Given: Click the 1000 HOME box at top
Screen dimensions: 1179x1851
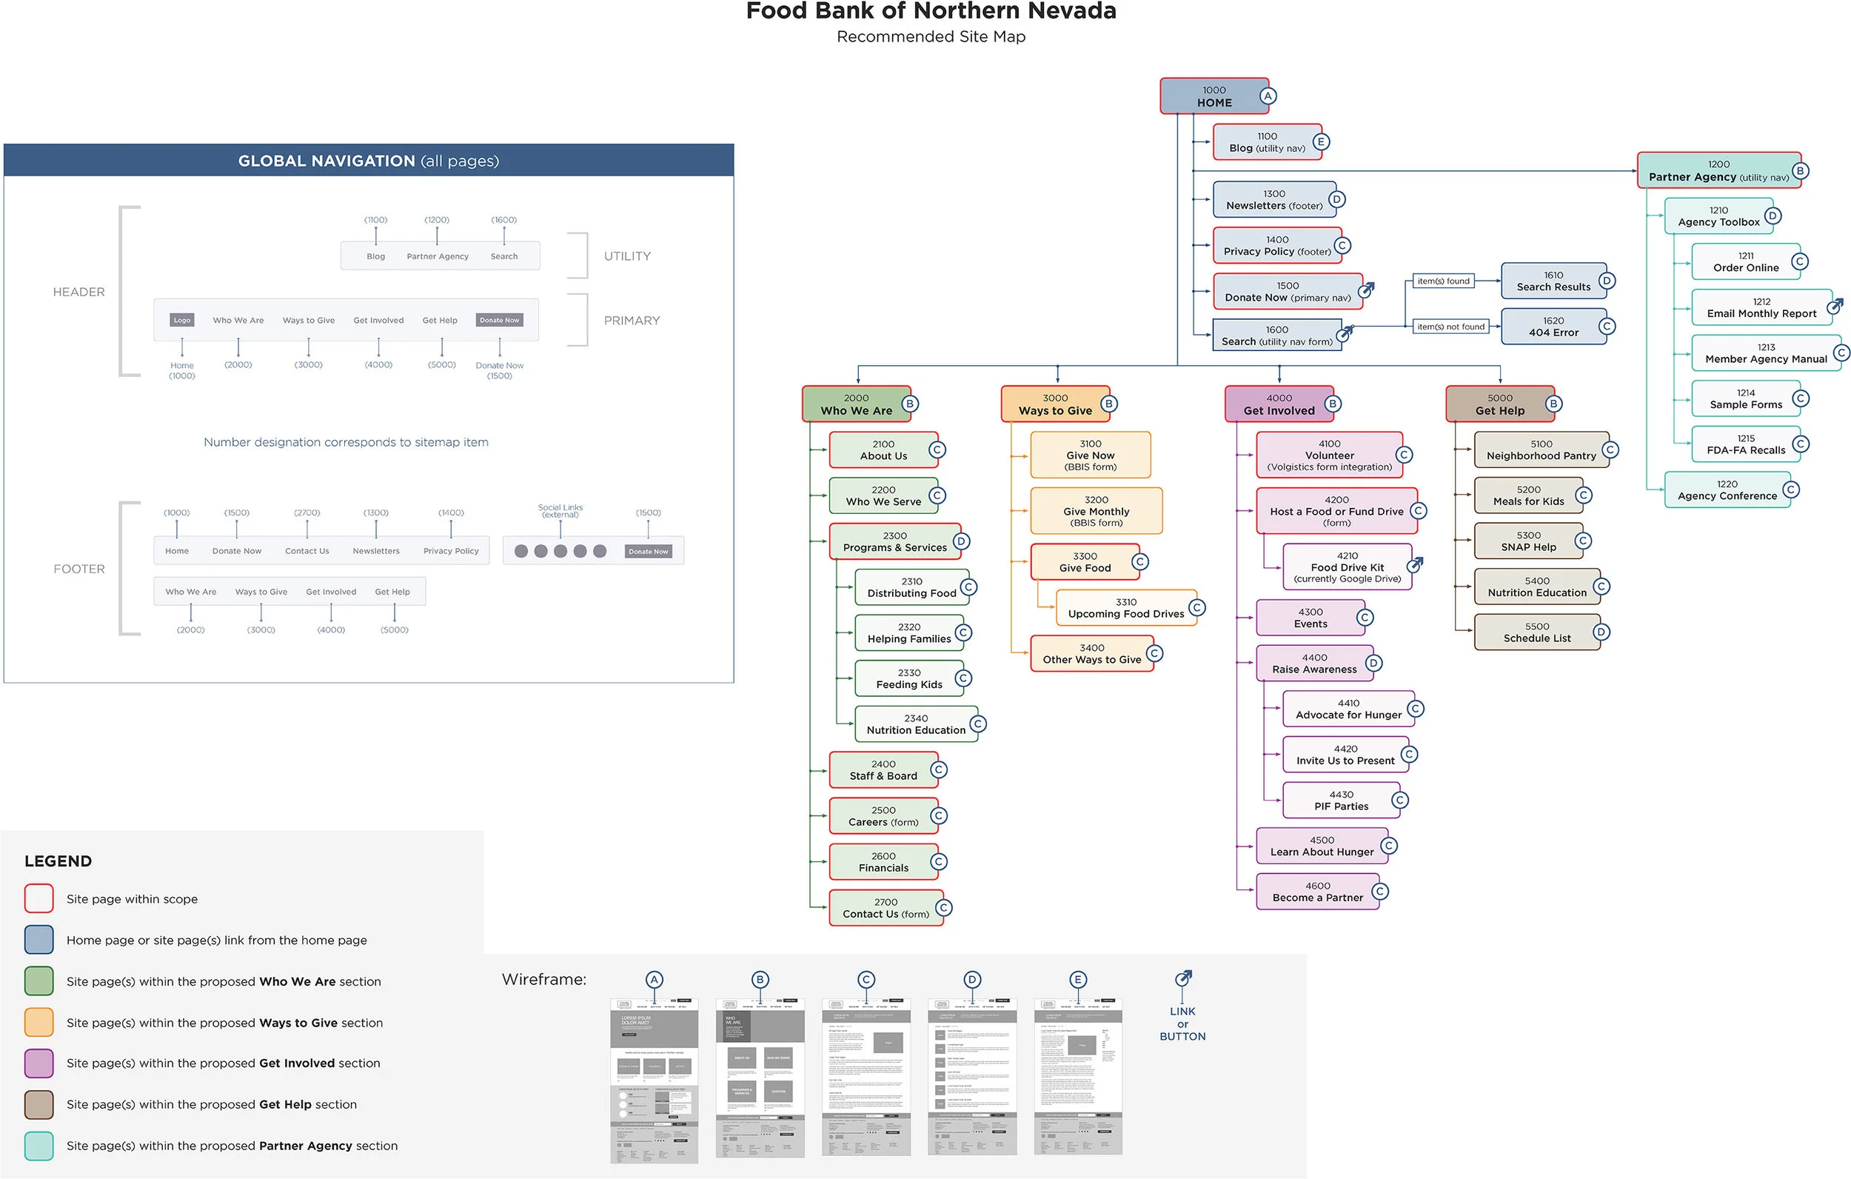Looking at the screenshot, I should point(1213,96).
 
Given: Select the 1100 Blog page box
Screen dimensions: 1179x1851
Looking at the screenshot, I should point(1266,142).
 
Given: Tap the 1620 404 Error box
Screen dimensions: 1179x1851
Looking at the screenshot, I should point(1553,327).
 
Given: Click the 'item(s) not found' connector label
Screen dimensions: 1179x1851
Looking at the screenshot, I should point(1450,327).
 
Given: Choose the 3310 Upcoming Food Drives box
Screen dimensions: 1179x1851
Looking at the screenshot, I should point(1125,608).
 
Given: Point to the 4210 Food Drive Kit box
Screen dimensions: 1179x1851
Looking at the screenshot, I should point(1346,567).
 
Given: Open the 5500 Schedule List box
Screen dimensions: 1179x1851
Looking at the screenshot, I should point(1536,633).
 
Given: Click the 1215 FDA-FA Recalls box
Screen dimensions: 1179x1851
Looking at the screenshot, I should point(1745,444).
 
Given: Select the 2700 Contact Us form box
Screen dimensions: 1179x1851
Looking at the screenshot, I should point(885,908).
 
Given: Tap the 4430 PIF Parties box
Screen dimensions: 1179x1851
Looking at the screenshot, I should point(1341,801).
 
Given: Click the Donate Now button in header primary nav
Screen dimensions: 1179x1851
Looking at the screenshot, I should point(499,320).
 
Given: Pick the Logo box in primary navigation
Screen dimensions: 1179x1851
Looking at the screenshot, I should point(182,320).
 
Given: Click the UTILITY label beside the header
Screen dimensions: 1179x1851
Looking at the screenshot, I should point(626,256).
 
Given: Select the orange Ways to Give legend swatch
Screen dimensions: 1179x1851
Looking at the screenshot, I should point(39,1022).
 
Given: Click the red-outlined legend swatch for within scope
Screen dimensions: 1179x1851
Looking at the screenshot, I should point(39,898).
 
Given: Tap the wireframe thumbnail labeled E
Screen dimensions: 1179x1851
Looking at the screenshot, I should point(1077,1077).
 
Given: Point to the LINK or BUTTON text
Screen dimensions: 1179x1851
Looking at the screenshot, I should point(1182,1023).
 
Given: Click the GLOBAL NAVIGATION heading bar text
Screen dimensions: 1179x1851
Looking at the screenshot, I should point(368,161).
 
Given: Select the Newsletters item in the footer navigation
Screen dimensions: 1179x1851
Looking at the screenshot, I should point(376,551).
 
